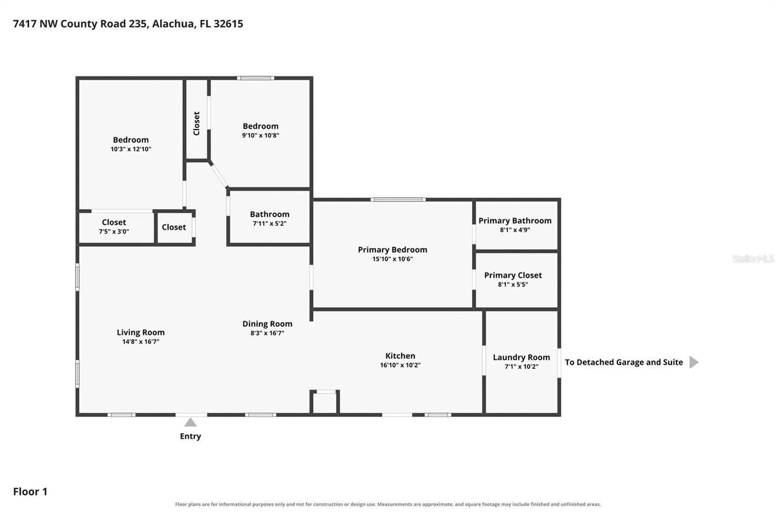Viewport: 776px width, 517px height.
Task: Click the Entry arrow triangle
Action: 190,422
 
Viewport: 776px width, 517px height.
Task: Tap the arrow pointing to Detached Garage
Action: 694,362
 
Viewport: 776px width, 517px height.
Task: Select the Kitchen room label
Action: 400,356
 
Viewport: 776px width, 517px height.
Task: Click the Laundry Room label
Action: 521,357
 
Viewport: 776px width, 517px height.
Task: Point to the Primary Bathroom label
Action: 515,221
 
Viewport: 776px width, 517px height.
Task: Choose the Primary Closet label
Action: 513,275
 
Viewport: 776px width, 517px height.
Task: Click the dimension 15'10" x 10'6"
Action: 392,259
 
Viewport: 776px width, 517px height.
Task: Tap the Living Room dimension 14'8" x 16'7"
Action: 141,341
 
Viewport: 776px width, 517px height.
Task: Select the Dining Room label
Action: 267,323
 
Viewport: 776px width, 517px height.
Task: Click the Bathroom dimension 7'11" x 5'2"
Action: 270,224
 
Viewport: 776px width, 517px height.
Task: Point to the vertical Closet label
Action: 196,123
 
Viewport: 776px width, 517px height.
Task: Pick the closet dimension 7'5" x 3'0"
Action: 114,231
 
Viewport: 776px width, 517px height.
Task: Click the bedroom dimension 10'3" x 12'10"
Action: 130,149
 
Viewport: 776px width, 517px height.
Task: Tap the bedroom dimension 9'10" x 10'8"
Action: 260,135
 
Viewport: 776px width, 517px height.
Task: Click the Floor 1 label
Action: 30,492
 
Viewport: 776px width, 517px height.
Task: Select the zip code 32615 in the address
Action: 228,24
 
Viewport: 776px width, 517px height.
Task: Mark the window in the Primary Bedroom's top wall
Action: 398,200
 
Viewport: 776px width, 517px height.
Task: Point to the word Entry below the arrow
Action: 190,436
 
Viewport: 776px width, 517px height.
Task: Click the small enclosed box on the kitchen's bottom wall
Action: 324,403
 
